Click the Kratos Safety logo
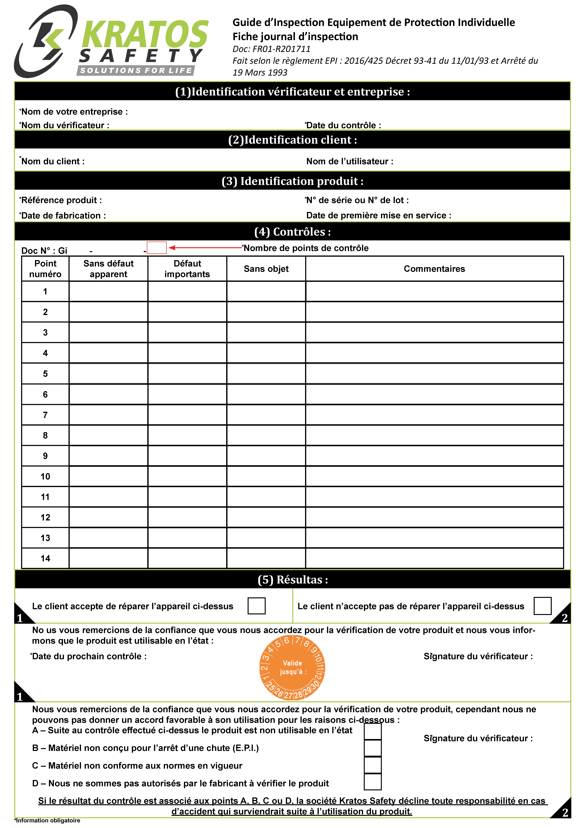pyautogui.click(x=112, y=41)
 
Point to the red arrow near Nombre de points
pyautogui.click(x=205, y=247)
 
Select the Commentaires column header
pyautogui.click(x=434, y=269)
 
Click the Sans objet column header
pyautogui.click(x=266, y=269)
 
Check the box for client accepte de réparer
pyautogui.click(x=256, y=606)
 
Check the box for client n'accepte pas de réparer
pyautogui.click(x=542, y=606)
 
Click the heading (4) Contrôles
pyautogui.click(x=292, y=232)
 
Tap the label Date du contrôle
pyautogui.click(x=343, y=125)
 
